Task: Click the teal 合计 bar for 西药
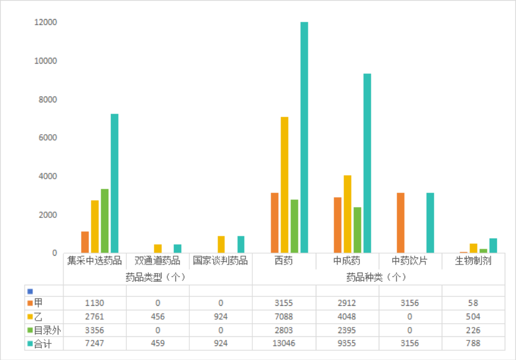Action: [x=304, y=137]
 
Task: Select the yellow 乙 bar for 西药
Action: [x=284, y=185]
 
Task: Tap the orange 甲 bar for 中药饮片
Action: [x=400, y=223]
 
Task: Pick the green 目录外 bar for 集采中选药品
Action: [x=105, y=221]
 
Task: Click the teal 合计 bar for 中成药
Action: [x=367, y=163]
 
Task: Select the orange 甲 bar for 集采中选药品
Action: [x=85, y=242]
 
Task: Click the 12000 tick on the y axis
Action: [x=45, y=23]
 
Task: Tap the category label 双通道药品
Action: [x=157, y=261]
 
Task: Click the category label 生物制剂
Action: [x=473, y=261]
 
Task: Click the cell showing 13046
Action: [x=284, y=343]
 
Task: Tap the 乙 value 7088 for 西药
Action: [x=284, y=317]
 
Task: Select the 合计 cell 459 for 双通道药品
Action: [x=157, y=343]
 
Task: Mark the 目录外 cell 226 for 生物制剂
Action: [x=473, y=331]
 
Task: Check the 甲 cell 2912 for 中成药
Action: [x=347, y=303]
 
